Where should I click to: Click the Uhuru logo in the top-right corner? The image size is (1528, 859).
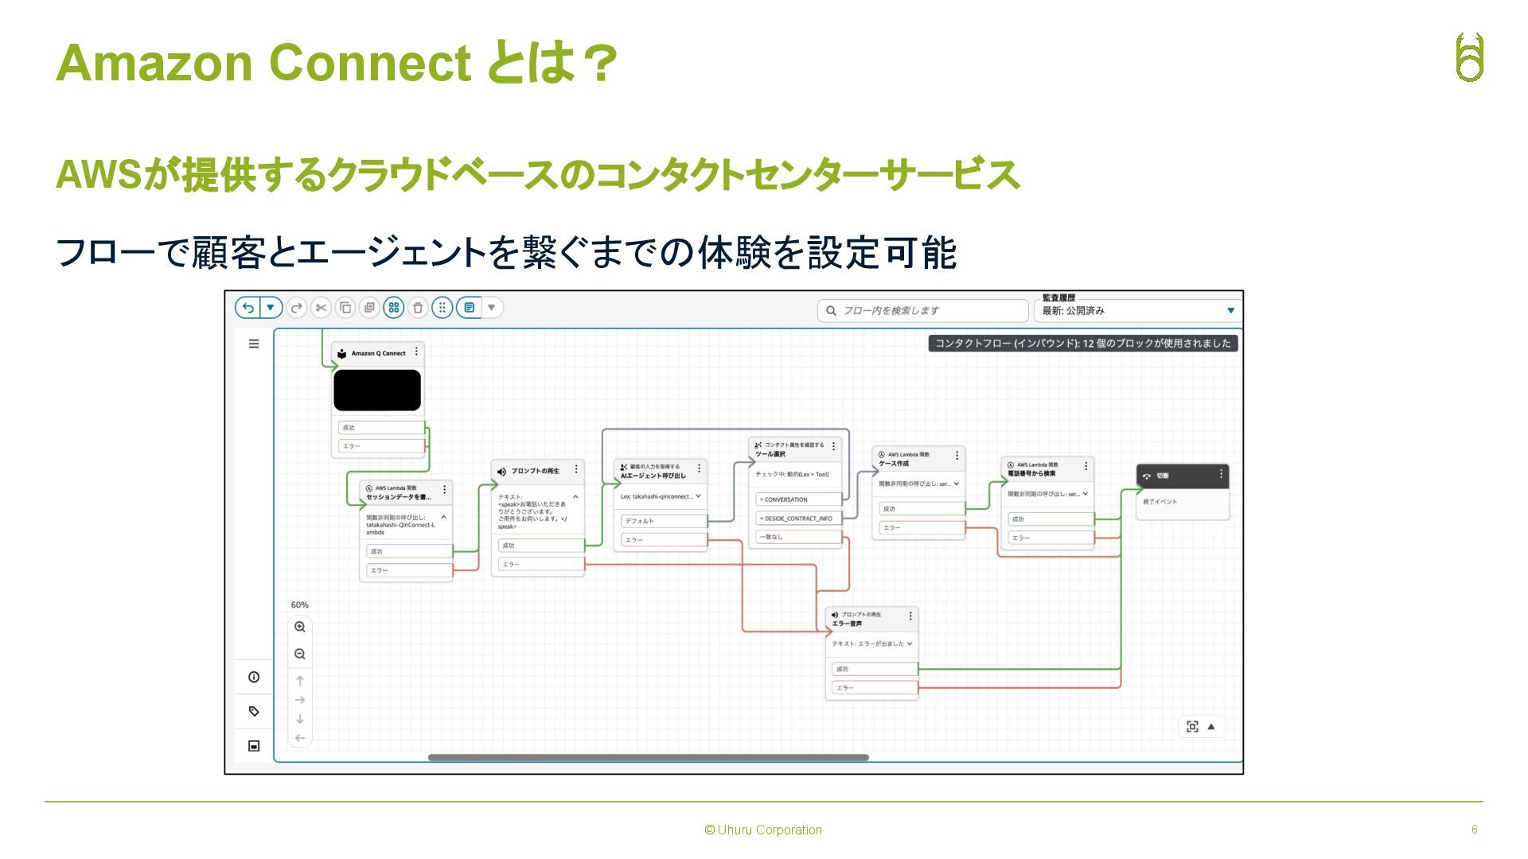pos(1469,57)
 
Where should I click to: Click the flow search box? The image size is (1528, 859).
pos(923,310)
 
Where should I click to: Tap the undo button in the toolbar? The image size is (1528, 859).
pos(248,308)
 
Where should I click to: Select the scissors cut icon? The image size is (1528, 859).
pos(321,308)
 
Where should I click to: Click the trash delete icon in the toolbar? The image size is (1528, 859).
pos(418,308)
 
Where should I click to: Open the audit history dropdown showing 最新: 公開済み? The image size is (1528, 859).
pos(1138,310)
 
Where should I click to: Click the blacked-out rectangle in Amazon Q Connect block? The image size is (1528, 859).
pos(377,391)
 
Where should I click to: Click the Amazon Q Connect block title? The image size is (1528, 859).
pos(378,353)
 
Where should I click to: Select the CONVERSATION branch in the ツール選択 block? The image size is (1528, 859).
pos(797,499)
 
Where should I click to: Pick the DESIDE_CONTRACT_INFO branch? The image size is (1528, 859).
pos(797,519)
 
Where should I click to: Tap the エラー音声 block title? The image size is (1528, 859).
pos(847,624)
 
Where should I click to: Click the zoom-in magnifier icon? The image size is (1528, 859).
pos(300,628)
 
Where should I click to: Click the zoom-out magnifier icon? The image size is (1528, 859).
pos(300,655)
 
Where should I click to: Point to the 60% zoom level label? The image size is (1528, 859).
pos(299,605)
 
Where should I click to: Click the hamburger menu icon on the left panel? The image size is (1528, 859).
pos(254,344)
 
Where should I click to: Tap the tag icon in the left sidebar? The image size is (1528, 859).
pos(254,711)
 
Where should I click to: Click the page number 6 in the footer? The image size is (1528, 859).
pos(1474,830)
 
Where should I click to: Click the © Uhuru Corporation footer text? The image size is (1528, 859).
pos(763,830)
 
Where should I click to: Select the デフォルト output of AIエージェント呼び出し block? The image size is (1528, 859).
pos(663,521)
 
